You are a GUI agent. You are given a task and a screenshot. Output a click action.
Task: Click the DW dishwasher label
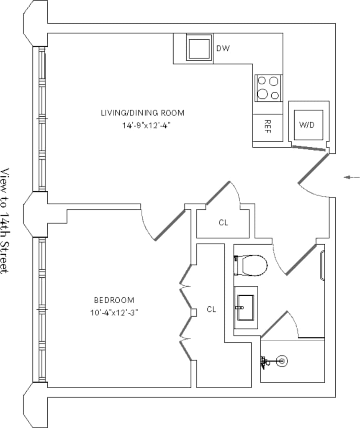tap(223, 49)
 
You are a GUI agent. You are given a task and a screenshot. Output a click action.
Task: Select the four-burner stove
tap(268, 88)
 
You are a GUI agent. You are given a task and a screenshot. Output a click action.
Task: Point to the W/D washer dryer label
tap(307, 125)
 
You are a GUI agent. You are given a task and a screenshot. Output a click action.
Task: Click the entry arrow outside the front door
tap(351, 177)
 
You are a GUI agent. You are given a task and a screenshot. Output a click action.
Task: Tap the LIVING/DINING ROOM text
tap(142, 113)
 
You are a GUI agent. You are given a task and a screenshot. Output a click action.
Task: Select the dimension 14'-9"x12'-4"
tap(142, 125)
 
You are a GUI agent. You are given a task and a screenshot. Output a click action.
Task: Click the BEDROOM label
tap(114, 300)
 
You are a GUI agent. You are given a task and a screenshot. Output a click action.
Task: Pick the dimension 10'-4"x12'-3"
tap(114, 312)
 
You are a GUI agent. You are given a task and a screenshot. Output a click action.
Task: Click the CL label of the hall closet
tap(224, 223)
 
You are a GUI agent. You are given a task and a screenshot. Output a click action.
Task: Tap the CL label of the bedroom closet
tap(211, 309)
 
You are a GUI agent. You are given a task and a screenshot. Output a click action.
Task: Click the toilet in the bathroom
tap(251, 265)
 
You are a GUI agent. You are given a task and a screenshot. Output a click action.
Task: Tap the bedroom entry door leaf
tap(170, 225)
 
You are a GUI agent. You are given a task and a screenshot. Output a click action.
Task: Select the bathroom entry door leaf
tap(301, 259)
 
